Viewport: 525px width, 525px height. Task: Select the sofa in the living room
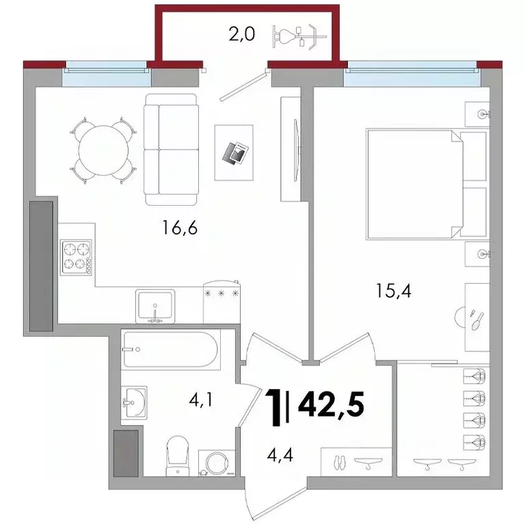click(170, 149)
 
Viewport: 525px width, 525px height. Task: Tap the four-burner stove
click(77, 256)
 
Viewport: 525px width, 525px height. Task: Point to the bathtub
click(171, 350)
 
